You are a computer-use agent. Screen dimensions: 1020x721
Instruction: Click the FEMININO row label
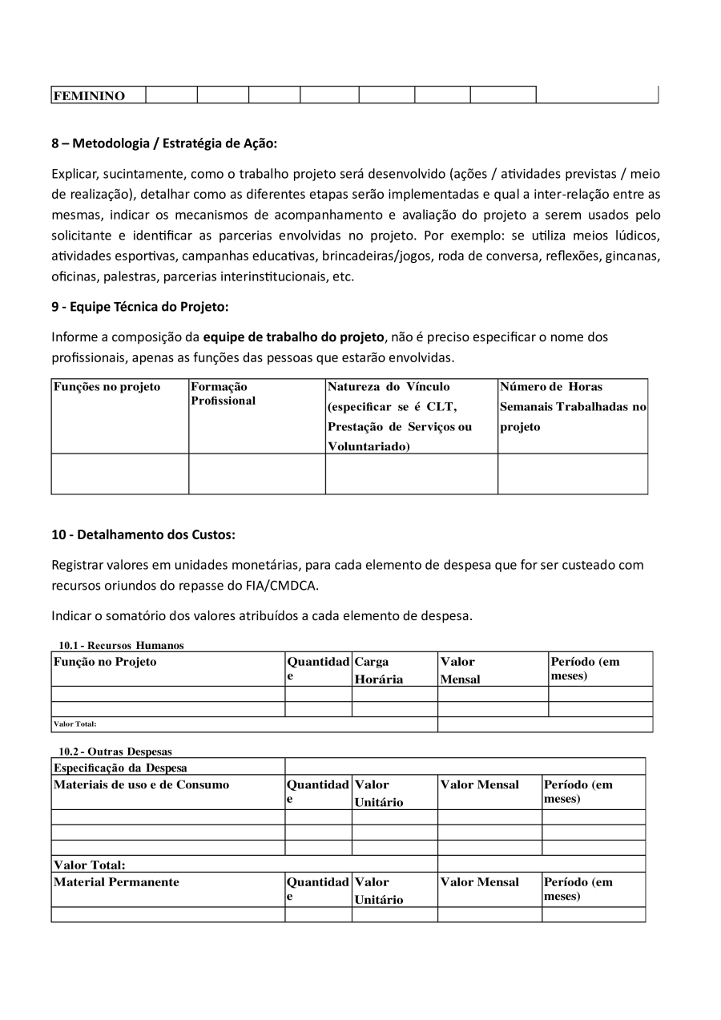click(89, 96)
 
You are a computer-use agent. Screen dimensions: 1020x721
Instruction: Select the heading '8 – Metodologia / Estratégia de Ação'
click(164, 143)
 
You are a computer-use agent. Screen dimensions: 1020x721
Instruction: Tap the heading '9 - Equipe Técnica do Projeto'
click(140, 306)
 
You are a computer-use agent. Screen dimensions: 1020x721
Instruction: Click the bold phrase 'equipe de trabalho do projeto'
click(294, 337)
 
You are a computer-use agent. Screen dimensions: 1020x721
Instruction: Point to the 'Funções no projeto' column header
click(107, 387)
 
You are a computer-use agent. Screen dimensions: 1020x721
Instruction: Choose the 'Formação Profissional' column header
click(223, 393)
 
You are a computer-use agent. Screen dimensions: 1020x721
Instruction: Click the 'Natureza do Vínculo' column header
click(389, 387)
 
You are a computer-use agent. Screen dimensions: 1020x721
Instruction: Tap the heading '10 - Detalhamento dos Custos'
click(143, 534)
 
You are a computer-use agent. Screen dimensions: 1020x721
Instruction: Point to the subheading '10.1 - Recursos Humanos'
click(121, 645)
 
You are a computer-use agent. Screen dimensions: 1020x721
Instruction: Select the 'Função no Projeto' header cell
click(105, 662)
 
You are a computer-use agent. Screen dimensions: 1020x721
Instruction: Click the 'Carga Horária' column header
click(379, 671)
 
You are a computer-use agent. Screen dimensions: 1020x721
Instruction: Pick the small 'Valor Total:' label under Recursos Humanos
click(75, 724)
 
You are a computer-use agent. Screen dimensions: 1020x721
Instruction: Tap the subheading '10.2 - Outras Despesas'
click(115, 752)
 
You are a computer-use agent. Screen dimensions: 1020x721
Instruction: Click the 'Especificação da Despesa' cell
click(120, 768)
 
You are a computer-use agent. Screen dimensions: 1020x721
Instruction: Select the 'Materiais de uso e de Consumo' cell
click(141, 784)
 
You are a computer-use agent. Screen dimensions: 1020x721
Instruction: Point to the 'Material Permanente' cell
click(116, 882)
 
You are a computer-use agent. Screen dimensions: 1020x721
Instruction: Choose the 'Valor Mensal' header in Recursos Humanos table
click(460, 671)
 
